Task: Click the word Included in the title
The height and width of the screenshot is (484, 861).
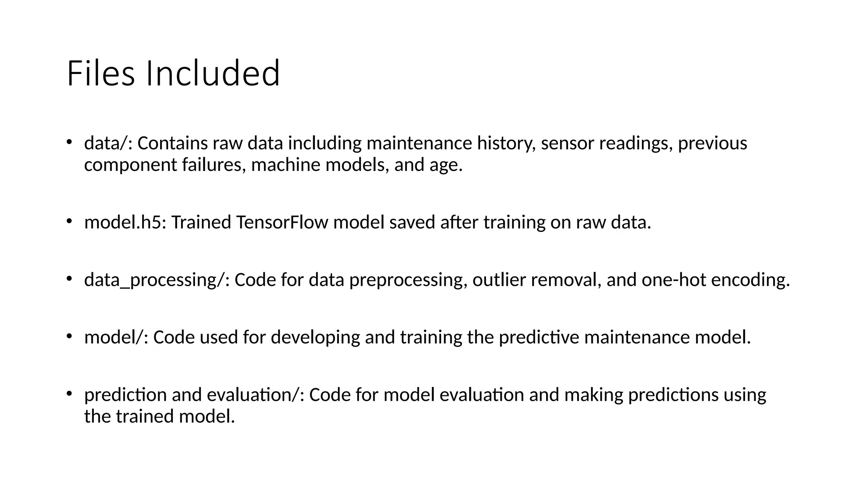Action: [213, 74]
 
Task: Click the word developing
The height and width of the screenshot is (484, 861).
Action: [315, 337]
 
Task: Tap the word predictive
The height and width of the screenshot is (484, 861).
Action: [539, 337]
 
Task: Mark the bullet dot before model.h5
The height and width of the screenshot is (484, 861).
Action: [69, 221]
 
